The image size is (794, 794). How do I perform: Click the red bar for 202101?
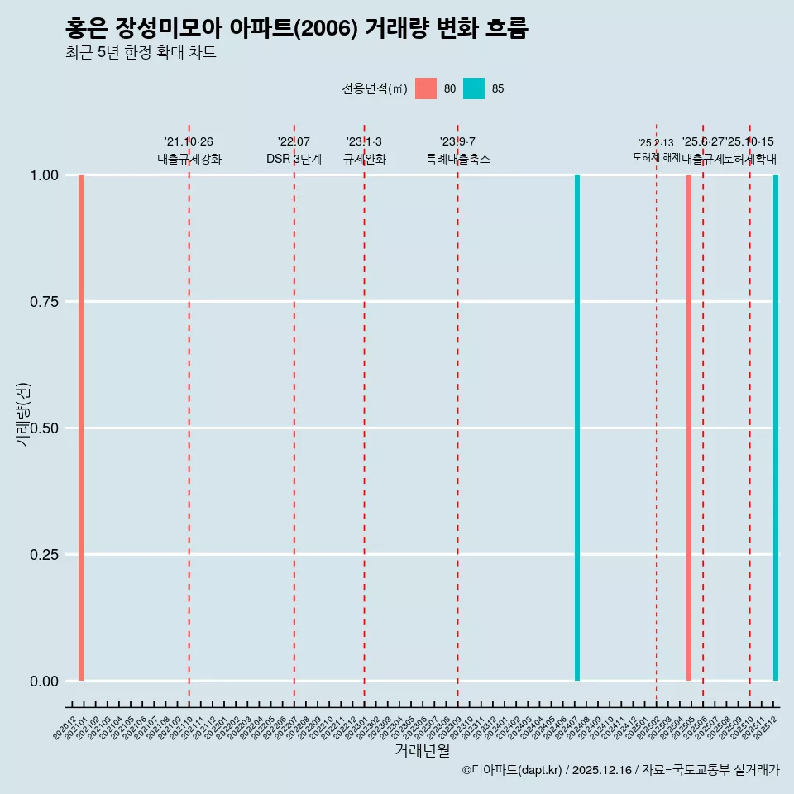pyautogui.click(x=82, y=428)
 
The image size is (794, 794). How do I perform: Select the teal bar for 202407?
pyautogui.click(x=577, y=428)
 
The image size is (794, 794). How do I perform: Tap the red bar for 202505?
pyautogui.click(x=689, y=428)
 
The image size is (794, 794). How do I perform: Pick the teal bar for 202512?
pyautogui.click(x=776, y=428)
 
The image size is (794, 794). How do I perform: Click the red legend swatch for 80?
pyautogui.click(x=426, y=88)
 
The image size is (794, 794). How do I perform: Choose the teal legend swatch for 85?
pyautogui.click(x=474, y=88)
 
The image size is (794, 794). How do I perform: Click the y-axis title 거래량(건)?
pyautogui.click(x=23, y=414)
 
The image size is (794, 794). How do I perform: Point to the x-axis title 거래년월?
pyautogui.click(x=423, y=750)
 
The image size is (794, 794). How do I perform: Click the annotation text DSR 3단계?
pyautogui.click(x=294, y=159)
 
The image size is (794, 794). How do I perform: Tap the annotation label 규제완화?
pyautogui.click(x=365, y=159)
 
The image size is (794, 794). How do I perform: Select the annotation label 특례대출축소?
pyautogui.click(x=458, y=159)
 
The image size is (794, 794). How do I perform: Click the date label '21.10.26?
pyautogui.click(x=189, y=142)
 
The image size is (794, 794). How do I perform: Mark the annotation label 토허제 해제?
pyautogui.click(x=657, y=156)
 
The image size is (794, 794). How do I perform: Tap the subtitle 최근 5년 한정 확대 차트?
pyautogui.click(x=141, y=53)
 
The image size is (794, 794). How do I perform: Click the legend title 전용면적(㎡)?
pyautogui.click(x=374, y=88)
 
